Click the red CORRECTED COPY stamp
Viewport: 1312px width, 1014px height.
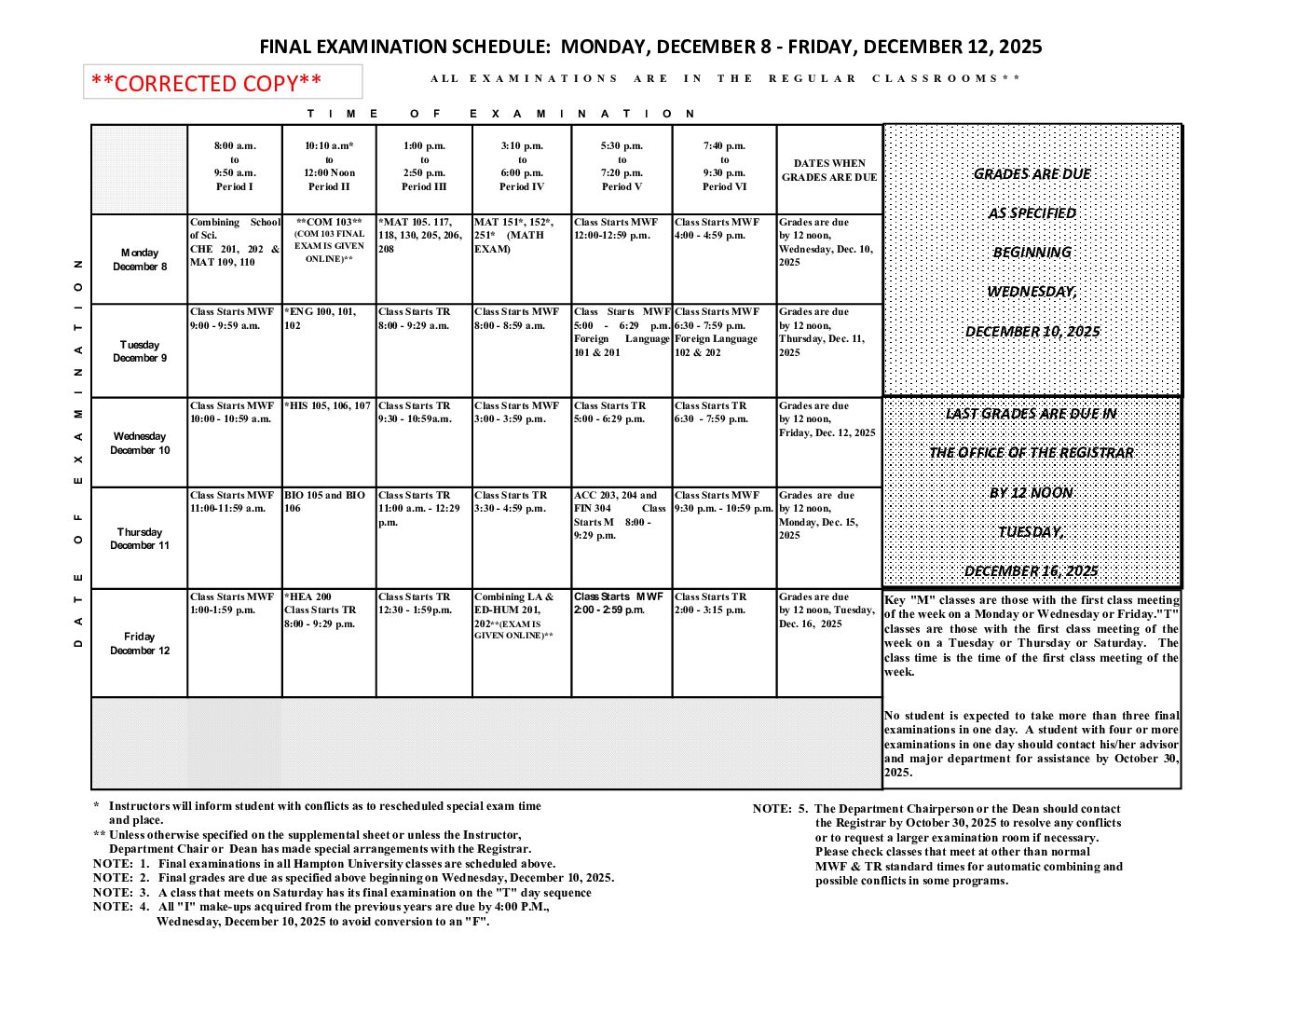pos(207,83)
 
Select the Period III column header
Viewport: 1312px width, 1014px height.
pos(424,167)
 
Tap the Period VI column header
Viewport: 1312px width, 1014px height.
pos(724,167)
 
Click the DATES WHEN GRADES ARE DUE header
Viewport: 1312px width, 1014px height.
pos(829,170)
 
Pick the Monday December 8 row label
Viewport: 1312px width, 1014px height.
pos(140,259)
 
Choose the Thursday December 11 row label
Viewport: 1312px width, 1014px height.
pos(140,539)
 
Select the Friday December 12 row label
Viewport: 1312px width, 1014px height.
pos(140,643)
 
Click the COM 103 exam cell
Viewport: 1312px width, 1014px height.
pos(329,240)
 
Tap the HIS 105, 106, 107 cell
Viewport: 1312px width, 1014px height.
pos(328,406)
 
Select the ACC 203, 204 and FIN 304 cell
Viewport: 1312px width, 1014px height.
pos(620,514)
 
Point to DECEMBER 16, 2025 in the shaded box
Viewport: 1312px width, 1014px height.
pos(1031,571)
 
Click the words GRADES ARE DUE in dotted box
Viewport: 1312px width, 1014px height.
pos(1032,174)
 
